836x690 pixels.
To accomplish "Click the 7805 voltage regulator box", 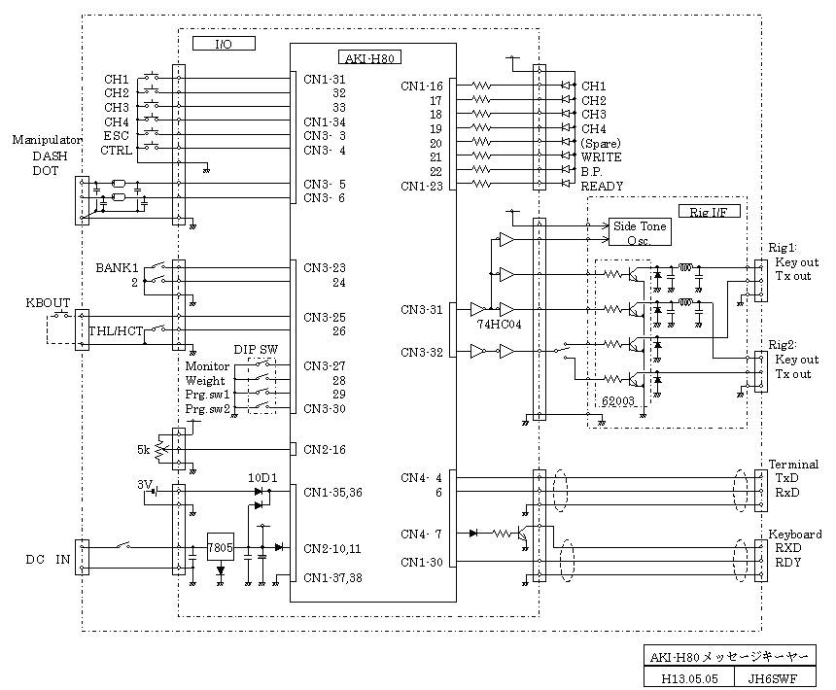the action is coord(221,547).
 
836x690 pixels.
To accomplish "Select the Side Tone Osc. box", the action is coord(640,231).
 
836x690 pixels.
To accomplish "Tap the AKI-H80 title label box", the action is coord(369,57).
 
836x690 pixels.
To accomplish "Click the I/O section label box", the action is coord(224,44).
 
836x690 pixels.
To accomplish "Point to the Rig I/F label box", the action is coord(710,211).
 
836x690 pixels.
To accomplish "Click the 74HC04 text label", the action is coord(499,324).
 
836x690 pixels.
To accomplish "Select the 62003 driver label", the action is coord(618,401).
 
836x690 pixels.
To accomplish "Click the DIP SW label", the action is coord(256,350).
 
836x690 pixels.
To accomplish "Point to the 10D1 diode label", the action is coord(262,477).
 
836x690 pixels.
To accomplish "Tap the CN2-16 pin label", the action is coord(324,450).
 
